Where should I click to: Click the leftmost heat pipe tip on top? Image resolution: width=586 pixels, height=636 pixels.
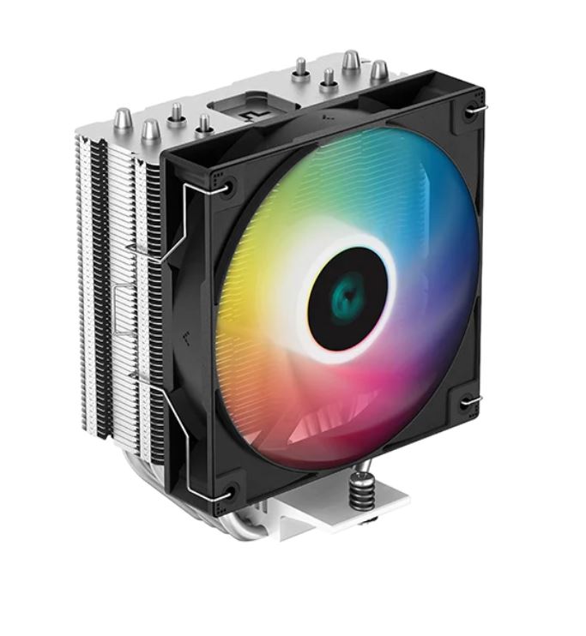[123, 120]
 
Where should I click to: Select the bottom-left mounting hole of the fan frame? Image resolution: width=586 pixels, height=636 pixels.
[228, 491]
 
